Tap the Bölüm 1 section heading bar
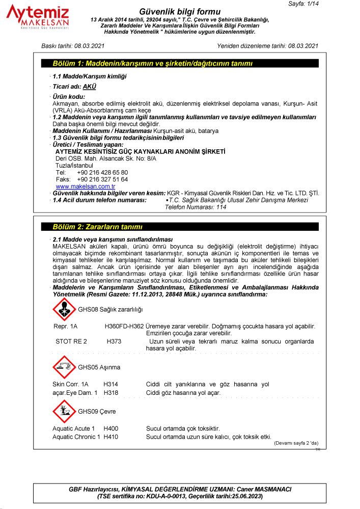180,64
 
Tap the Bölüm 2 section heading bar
180,227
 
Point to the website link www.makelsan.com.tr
86,186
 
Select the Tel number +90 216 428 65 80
102,173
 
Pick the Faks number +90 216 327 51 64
102,179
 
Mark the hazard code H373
114,341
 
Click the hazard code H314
111,384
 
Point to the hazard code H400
111,428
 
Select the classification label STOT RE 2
71,341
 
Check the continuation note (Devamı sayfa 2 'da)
296,443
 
